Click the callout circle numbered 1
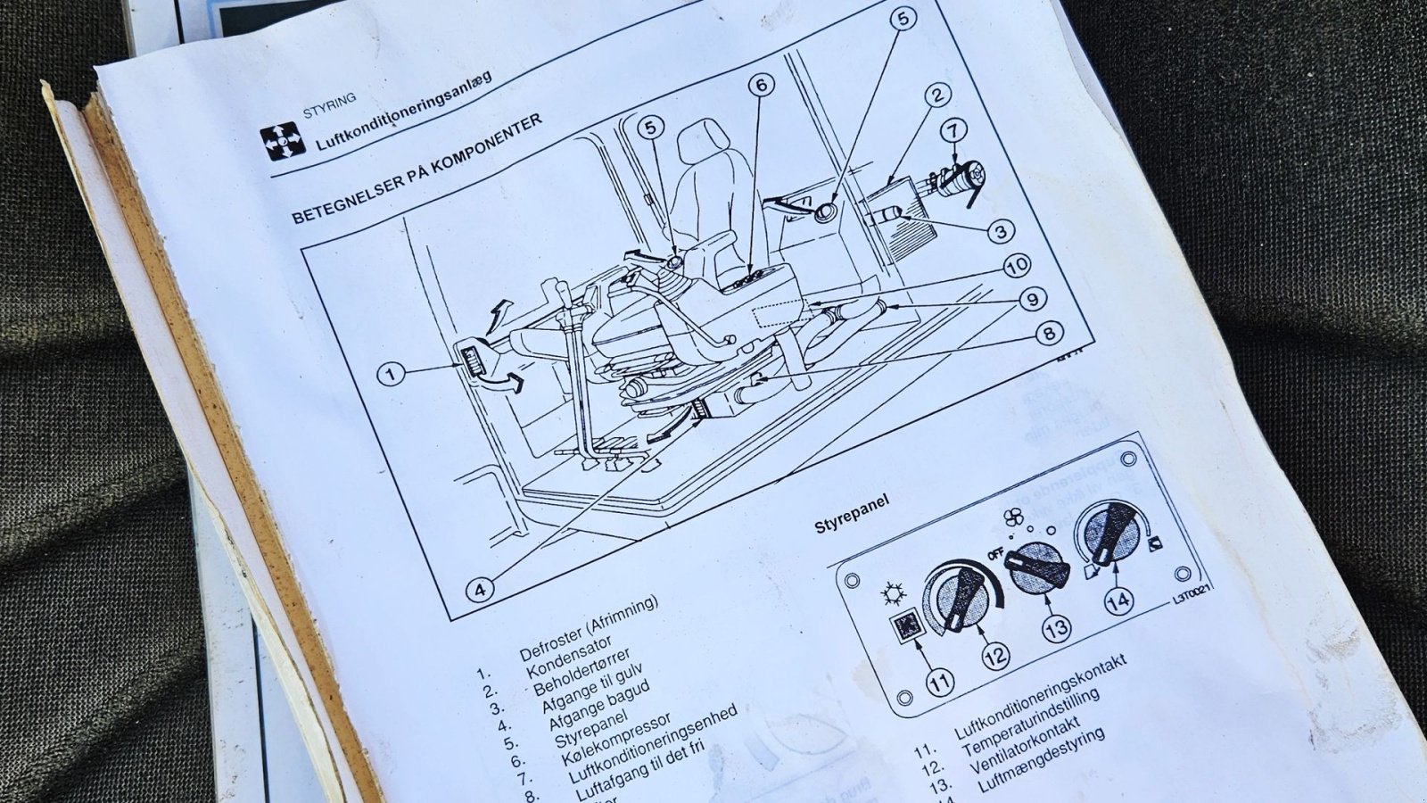[391, 373]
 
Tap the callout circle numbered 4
[479, 589]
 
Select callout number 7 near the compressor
[953, 130]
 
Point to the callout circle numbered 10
[1017, 265]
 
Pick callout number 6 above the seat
[761, 86]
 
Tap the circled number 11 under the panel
[938, 683]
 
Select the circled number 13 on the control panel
[1056, 629]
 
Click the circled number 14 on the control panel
[1118, 600]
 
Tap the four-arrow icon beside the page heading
[282, 142]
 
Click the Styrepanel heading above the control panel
[852, 512]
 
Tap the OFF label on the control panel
[996, 554]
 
